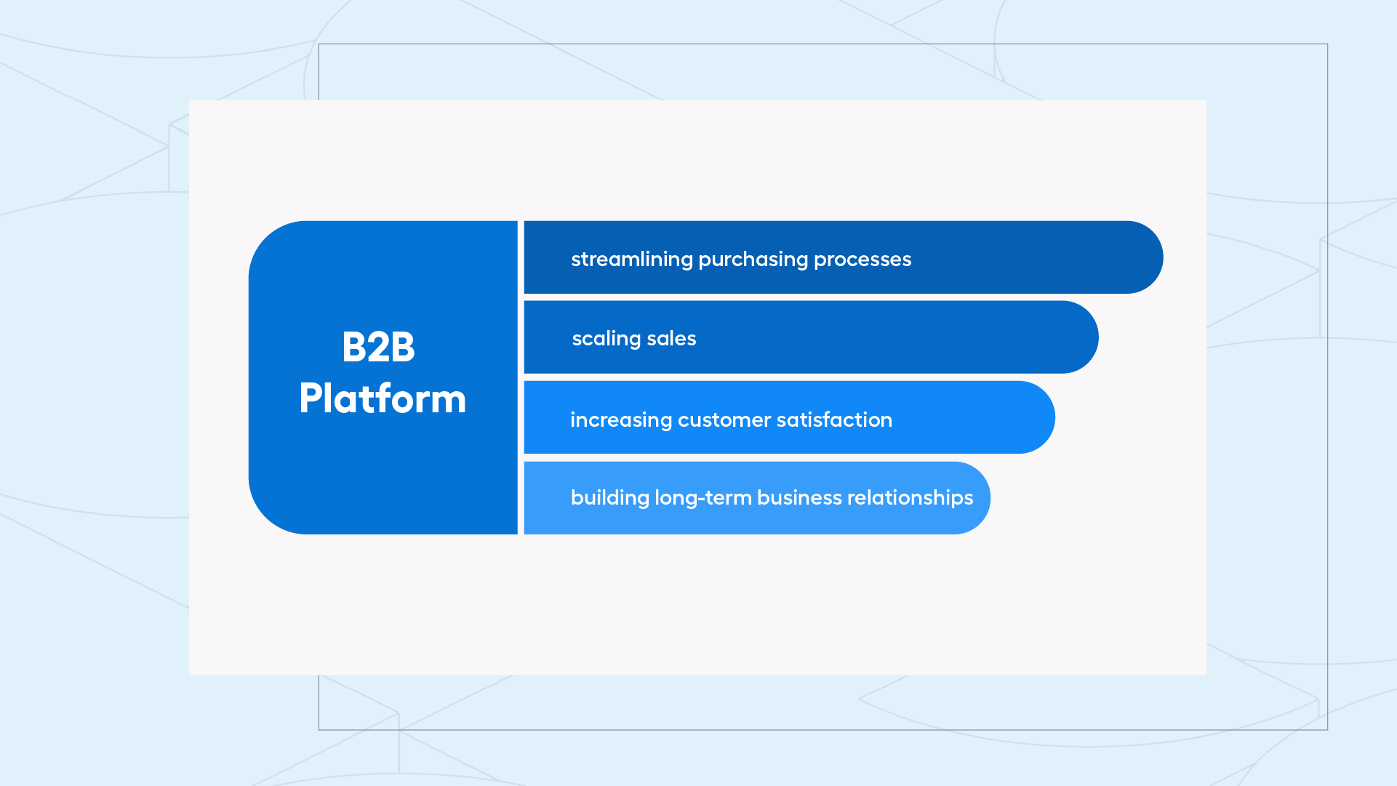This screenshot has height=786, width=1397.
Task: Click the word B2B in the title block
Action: click(x=378, y=347)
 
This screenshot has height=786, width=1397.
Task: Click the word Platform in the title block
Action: click(x=383, y=398)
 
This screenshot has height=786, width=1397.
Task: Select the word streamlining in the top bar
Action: click(x=632, y=259)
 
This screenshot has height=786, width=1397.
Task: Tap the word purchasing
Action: click(x=753, y=260)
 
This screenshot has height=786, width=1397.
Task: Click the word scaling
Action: click(x=607, y=340)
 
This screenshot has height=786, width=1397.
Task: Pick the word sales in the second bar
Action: click(x=671, y=339)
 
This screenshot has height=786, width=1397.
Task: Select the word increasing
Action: click(x=621, y=420)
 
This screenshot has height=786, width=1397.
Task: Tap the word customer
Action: click(x=724, y=420)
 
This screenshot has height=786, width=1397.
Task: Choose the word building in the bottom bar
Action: click(x=610, y=498)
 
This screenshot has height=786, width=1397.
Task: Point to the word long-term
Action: click(x=703, y=498)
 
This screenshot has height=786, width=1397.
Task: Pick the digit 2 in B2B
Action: click(x=378, y=347)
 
